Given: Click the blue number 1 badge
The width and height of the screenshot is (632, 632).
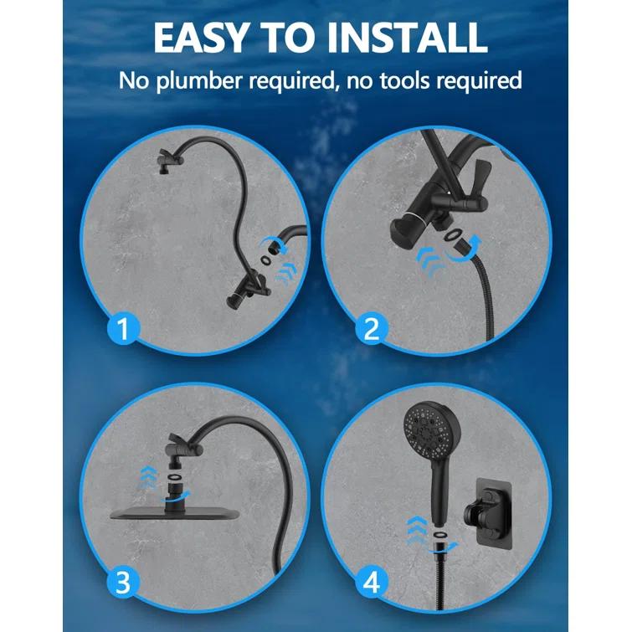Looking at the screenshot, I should click(x=123, y=329).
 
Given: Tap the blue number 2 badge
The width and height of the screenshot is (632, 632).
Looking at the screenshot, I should click(x=372, y=329).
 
